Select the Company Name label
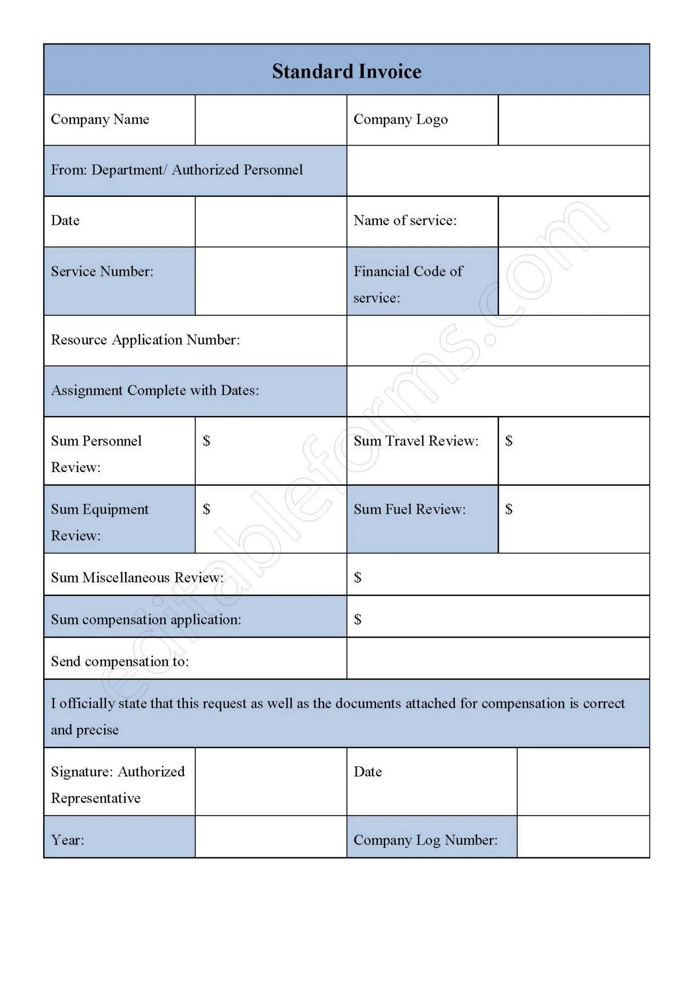tap(100, 119)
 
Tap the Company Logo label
tap(401, 119)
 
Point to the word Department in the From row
tap(127, 170)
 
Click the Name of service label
tap(405, 220)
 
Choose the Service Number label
tap(102, 271)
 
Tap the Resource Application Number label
tap(145, 339)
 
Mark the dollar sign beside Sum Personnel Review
tap(206, 440)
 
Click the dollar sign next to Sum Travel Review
tap(509, 440)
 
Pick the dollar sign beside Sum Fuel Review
tap(509, 509)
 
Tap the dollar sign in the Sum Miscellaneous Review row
tap(358, 577)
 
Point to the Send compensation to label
tap(120, 661)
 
